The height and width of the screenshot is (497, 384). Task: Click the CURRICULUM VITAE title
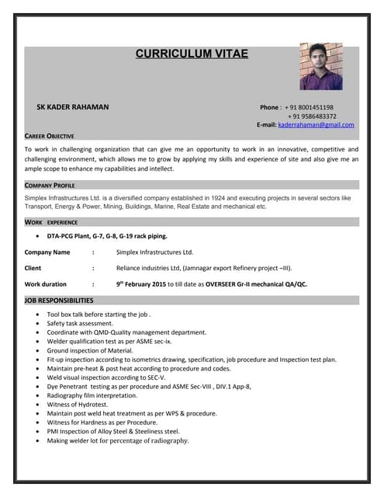click(x=192, y=54)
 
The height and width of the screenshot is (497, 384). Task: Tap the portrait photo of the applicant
click(x=320, y=66)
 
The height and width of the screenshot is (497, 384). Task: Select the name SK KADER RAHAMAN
click(x=73, y=106)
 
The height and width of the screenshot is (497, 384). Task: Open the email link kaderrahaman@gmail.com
click(x=316, y=124)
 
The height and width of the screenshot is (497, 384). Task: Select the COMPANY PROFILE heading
click(x=50, y=186)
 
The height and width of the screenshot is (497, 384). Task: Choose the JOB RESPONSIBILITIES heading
click(x=59, y=300)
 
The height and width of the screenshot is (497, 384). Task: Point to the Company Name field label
click(x=47, y=252)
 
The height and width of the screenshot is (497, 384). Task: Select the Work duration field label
click(x=46, y=284)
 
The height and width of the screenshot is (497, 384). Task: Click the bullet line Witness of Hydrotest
click(x=79, y=404)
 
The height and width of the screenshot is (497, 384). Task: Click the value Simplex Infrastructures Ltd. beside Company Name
click(x=154, y=252)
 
